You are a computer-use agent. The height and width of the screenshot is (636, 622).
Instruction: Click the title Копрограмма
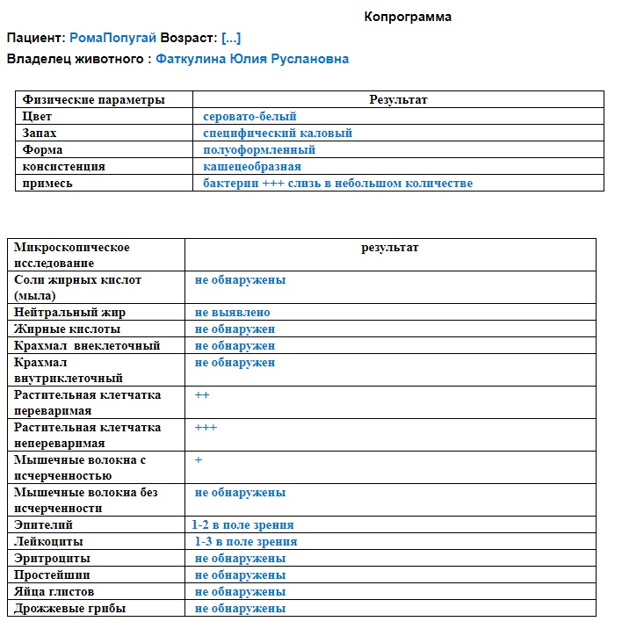[408, 17]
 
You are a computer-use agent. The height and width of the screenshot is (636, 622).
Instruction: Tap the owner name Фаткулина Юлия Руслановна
[252, 59]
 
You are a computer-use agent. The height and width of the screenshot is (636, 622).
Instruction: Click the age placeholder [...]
[231, 38]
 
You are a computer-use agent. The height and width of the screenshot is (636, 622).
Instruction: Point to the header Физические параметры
[94, 100]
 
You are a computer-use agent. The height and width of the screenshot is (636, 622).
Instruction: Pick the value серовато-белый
[250, 117]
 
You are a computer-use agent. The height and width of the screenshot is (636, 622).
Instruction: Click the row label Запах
[40, 134]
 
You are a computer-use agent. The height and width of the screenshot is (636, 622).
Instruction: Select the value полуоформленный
[258, 150]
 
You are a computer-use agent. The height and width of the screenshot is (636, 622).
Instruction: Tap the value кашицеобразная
[251, 167]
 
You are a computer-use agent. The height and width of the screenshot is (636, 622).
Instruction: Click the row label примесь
[47, 184]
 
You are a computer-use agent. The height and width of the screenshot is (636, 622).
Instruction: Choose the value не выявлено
[232, 313]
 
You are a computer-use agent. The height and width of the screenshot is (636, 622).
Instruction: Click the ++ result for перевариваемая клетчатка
[202, 395]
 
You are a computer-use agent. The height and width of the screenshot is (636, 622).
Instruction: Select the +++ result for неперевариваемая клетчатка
[206, 428]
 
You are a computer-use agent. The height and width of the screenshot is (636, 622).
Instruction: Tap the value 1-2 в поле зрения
[242, 525]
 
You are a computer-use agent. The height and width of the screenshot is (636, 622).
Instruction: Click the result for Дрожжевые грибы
[240, 609]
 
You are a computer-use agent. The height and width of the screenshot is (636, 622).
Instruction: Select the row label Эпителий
[44, 525]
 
